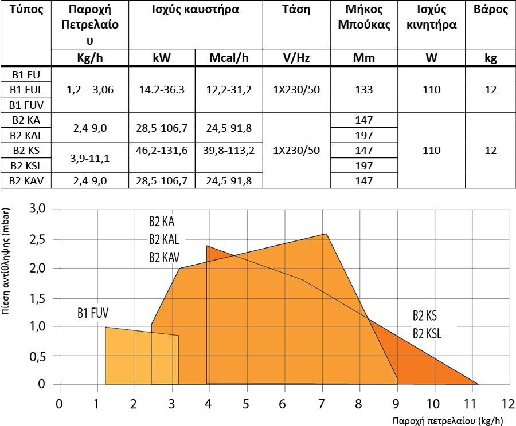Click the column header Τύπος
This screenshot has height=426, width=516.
click(x=26, y=11)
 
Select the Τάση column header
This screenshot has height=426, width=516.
click(x=296, y=11)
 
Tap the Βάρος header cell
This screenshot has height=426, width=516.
click(x=490, y=11)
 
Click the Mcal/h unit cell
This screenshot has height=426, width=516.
click(x=228, y=57)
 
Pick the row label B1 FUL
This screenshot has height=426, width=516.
click(x=26, y=89)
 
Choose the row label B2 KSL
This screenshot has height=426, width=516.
click(x=26, y=166)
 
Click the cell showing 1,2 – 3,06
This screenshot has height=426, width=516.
click(x=90, y=89)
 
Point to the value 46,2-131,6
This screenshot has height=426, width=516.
click(x=162, y=151)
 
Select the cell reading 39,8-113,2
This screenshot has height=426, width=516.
click(x=228, y=151)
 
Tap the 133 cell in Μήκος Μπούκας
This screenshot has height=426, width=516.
click(x=363, y=89)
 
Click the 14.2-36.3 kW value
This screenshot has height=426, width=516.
click(x=162, y=89)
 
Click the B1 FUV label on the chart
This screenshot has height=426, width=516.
click(x=93, y=313)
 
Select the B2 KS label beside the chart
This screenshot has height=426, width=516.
click(x=424, y=315)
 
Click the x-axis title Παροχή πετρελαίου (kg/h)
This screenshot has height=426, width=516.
click(x=448, y=420)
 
